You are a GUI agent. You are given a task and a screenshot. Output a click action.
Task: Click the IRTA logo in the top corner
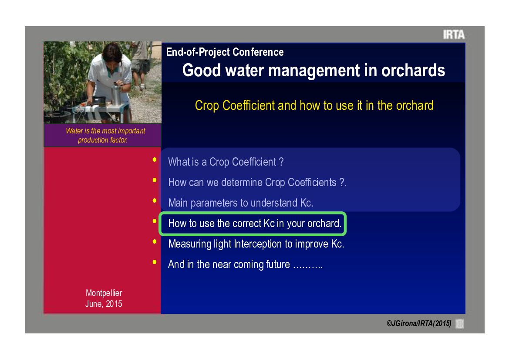click(x=454, y=34)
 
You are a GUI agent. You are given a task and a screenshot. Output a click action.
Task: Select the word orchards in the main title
click(x=413, y=70)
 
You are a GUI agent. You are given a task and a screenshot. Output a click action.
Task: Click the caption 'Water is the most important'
click(x=105, y=131)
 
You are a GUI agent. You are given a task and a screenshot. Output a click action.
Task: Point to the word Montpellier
click(x=104, y=293)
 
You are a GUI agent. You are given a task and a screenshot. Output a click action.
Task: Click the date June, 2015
click(x=104, y=304)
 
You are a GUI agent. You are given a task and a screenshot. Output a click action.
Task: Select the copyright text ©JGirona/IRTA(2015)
click(x=419, y=323)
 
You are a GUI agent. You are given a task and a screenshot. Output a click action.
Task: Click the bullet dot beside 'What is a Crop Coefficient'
click(x=155, y=160)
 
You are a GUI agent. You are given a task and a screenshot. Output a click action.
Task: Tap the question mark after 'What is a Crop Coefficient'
click(x=281, y=162)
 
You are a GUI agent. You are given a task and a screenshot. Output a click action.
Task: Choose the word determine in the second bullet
click(x=242, y=182)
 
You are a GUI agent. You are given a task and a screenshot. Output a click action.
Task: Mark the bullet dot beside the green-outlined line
click(x=155, y=221)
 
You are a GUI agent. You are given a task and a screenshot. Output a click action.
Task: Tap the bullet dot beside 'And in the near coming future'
click(x=155, y=262)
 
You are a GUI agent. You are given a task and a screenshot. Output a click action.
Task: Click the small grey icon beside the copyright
click(x=460, y=324)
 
